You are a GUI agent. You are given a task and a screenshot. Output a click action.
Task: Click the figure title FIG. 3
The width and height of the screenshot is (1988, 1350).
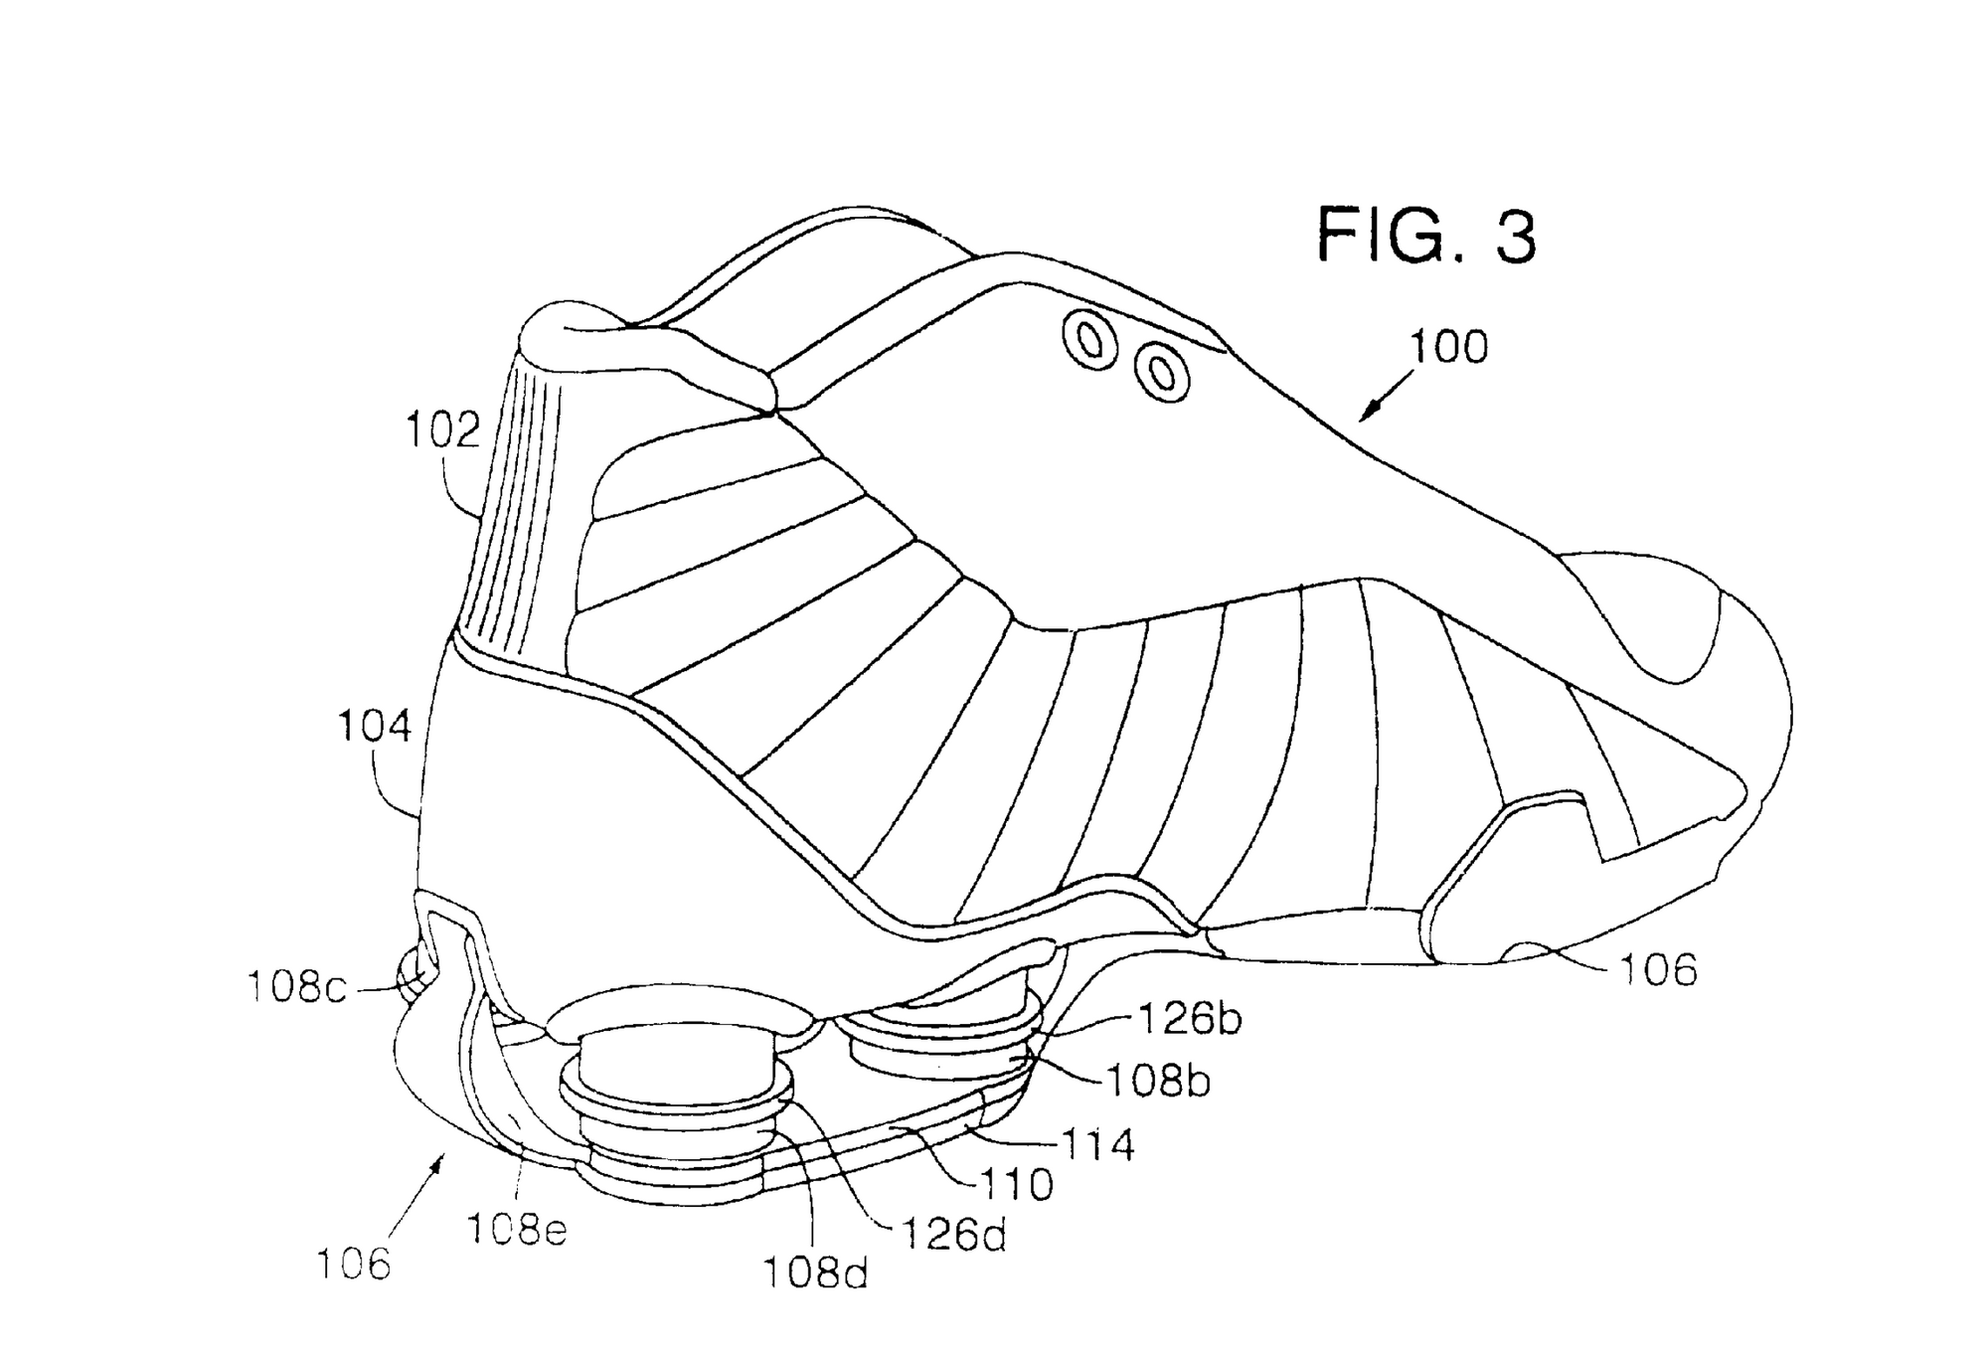coord(1425,237)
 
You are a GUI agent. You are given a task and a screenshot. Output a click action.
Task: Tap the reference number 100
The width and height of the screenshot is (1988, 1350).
coord(1449,347)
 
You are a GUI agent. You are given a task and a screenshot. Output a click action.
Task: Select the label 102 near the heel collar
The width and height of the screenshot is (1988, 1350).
coord(442,430)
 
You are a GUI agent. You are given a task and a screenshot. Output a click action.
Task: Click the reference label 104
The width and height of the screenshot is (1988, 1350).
coord(374,727)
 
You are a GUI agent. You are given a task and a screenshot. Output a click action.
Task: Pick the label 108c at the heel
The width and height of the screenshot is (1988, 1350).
coord(296,988)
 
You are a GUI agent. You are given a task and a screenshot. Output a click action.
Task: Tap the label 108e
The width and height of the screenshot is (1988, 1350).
coord(517,1230)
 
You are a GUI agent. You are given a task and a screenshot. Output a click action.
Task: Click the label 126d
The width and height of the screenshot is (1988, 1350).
coord(953,1234)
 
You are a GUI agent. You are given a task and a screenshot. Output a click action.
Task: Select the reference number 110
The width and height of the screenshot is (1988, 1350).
coord(1016,1184)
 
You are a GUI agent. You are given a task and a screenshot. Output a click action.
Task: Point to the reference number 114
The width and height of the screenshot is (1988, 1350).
coord(1097,1145)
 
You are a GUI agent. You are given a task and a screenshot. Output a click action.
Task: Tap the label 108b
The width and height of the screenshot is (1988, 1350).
coord(1159,1082)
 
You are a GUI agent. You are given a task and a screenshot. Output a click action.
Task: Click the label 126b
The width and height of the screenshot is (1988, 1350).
coord(1189,1019)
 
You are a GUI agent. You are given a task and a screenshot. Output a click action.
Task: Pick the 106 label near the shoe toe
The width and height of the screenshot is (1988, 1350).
coord(1658,969)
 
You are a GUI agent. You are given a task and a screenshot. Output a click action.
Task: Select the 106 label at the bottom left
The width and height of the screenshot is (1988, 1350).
coord(354,1265)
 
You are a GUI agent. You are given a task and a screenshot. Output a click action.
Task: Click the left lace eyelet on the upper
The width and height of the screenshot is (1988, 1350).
coord(1089,341)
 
